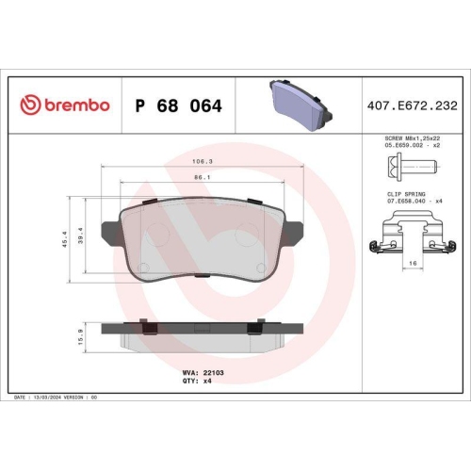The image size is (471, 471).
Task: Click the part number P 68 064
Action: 178,106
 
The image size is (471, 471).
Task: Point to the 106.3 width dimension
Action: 202,160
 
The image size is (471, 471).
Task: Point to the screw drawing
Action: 406,171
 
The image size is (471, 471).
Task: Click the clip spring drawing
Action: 406,235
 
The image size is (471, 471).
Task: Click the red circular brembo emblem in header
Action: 30,105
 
